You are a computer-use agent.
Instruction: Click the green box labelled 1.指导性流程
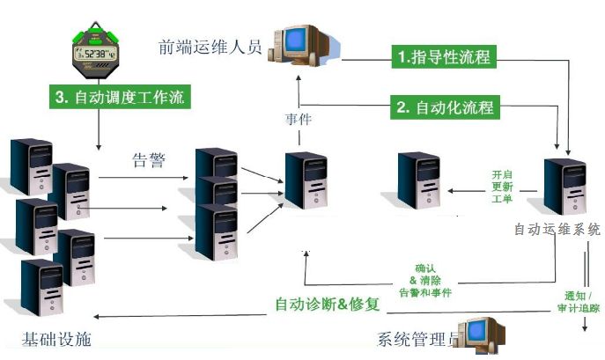pyautogui.click(x=443, y=57)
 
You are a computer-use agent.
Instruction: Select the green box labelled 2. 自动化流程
pyautogui.click(x=445, y=108)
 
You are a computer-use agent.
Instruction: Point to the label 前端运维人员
pyautogui.click(x=211, y=47)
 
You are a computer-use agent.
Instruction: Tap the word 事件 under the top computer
pyautogui.click(x=299, y=119)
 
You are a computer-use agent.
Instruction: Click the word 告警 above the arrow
pyautogui.click(x=147, y=160)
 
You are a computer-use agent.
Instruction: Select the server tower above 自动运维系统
pyautogui.click(x=564, y=186)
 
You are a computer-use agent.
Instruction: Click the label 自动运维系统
pyautogui.click(x=557, y=229)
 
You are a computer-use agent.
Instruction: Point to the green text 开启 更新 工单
pyautogui.click(x=502, y=187)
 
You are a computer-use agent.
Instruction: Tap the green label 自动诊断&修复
pyautogui.click(x=327, y=305)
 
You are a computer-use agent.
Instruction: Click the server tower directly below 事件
pyautogui.click(x=306, y=180)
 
